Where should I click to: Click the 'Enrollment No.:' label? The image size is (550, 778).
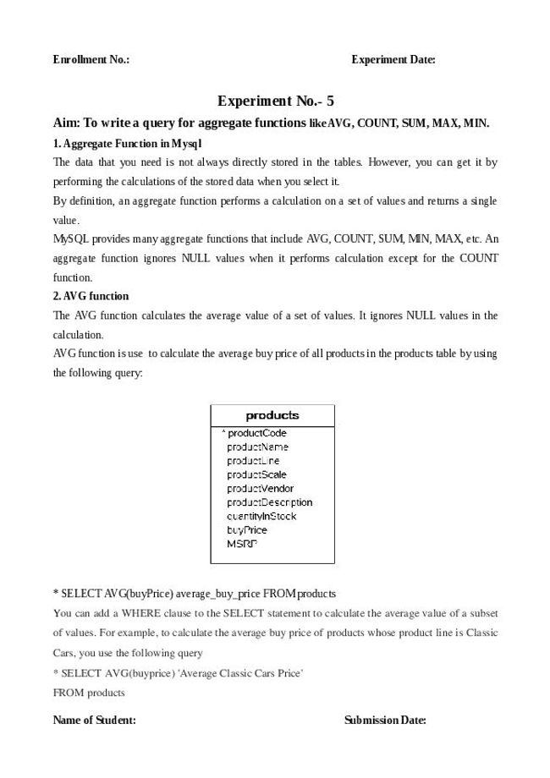point(91,60)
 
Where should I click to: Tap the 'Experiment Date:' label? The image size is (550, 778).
point(393,60)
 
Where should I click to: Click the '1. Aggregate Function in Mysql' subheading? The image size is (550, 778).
point(127,143)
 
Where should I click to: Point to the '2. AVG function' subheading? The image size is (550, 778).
point(91,296)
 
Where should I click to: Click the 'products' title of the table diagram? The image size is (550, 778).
point(272,415)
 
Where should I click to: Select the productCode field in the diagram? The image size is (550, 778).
point(257,433)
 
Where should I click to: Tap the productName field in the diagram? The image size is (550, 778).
point(257,447)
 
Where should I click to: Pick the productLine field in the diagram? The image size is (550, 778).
point(253,461)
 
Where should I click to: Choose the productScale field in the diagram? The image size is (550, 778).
point(256,474)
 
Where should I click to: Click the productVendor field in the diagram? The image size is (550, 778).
point(260,488)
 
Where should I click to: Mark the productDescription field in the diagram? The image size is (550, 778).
point(269,502)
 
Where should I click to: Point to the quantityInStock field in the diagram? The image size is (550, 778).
point(261,516)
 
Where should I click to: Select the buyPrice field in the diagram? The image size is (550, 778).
point(247,530)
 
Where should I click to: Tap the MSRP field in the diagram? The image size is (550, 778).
point(242,544)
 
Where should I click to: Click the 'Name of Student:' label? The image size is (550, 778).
point(95,720)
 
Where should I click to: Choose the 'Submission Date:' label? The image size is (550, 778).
point(385,720)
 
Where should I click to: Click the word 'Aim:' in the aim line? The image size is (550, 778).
point(66,123)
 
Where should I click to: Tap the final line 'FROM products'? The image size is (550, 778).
point(89,693)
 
